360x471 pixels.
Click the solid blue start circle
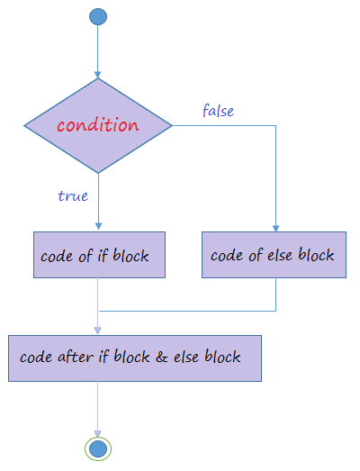point(98,16)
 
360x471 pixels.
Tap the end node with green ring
point(98,449)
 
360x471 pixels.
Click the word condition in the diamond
point(98,124)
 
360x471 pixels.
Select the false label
point(219,110)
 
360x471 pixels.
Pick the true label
point(73,195)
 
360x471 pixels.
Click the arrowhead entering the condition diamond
point(97,75)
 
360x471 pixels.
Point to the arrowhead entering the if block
point(98,226)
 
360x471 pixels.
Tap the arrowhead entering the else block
point(275,228)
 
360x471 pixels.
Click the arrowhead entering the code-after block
point(97,331)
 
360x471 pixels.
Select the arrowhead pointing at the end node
point(97,433)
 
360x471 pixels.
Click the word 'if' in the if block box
point(103,256)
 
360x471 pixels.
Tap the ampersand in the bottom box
point(161,357)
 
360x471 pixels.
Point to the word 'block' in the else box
point(316,255)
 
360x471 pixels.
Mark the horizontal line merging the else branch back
point(187,311)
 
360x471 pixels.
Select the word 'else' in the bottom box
point(186,357)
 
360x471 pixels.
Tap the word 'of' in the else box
point(256,256)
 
